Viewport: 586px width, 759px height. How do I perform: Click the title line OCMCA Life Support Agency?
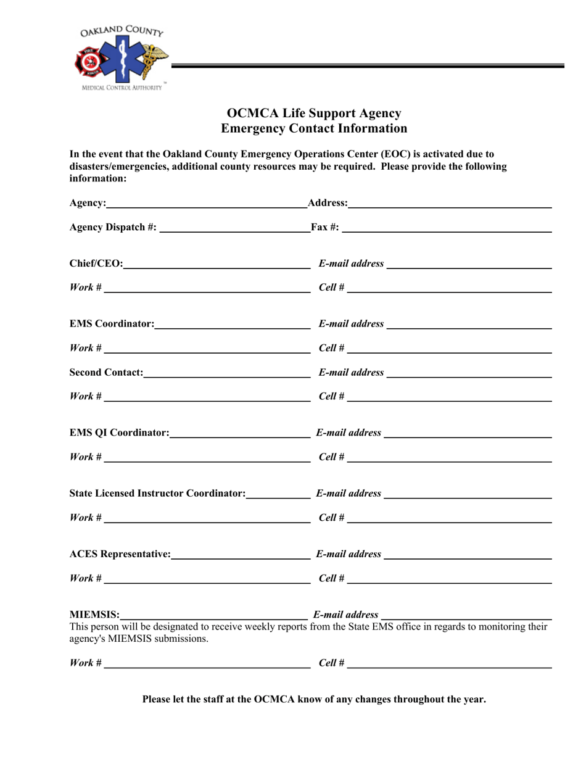coord(314,114)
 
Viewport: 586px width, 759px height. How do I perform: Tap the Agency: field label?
coord(88,204)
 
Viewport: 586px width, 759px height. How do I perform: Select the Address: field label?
coord(327,204)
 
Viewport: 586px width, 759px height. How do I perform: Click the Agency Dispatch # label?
coord(113,227)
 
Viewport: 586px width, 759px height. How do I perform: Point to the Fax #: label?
coord(325,227)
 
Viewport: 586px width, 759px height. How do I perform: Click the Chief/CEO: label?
coord(96,264)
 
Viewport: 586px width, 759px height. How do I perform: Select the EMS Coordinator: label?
coord(112,324)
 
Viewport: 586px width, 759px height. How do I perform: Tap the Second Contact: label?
coord(106,373)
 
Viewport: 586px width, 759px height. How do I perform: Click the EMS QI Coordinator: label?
coord(119,433)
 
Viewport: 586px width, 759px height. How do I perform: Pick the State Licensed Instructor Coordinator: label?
coord(157,493)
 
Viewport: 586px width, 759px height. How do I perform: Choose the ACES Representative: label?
coord(120,554)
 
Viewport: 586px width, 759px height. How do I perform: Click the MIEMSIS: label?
coord(94,615)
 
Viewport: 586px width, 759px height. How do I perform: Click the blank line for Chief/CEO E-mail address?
coord(469,267)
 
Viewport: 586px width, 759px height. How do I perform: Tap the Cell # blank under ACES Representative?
coord(449,581)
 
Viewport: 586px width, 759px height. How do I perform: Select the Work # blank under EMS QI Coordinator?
coord(207,460)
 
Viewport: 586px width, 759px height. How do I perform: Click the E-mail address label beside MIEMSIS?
coord(346,615)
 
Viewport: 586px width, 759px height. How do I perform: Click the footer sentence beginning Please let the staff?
coord(314,699)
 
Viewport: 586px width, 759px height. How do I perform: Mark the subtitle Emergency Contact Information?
coord(314,128)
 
